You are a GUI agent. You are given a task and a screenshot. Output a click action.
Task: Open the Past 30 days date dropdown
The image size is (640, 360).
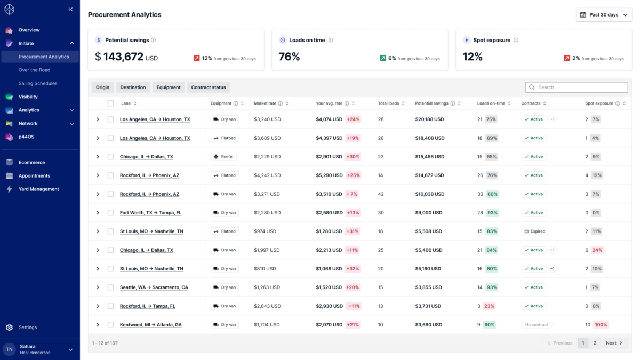(604, 15)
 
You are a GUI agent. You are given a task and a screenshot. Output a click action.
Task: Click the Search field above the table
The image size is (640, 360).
(577, 87)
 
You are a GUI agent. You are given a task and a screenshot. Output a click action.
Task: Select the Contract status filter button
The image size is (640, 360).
(209, 87)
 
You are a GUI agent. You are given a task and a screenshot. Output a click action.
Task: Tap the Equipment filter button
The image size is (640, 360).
(169, 87)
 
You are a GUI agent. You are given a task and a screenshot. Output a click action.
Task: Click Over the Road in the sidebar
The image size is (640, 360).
(34, 70)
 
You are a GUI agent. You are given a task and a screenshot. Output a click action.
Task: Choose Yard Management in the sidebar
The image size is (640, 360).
(38, 189)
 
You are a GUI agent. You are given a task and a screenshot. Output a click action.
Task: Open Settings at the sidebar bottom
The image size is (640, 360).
(27, 327)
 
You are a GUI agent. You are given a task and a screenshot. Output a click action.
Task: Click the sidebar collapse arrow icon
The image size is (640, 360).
(70, 10)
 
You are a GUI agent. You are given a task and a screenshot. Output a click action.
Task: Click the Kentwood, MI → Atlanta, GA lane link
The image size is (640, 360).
(150, 325)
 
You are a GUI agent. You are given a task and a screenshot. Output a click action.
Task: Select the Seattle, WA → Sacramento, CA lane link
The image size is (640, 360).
(154, 287)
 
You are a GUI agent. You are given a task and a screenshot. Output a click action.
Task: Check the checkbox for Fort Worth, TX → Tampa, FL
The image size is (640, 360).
(110, 213)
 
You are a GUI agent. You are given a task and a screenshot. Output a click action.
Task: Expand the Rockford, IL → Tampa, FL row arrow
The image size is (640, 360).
(98, 306)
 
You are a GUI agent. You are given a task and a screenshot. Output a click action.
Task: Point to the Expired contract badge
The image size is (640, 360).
(535, 231)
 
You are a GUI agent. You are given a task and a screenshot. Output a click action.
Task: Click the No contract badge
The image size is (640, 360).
(537, 325)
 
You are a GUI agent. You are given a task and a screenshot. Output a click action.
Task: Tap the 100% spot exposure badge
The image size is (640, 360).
(601, 325)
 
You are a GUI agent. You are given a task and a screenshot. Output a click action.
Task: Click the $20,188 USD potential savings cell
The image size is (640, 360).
(429, 119)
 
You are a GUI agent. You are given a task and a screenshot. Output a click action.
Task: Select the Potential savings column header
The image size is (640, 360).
(431, 103)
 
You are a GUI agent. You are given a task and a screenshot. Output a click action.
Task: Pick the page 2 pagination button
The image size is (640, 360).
(595, 343)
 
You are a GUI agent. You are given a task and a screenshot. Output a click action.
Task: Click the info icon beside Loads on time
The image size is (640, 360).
(331, 41)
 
